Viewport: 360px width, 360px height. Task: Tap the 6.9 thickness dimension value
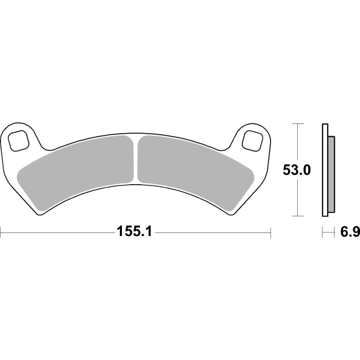point(348,232)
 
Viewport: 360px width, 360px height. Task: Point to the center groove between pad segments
point(136,159)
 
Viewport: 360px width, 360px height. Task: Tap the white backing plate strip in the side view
point(324,170)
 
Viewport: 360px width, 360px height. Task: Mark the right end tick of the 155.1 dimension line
point(271,232)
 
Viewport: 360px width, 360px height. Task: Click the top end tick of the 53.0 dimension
point(297,123)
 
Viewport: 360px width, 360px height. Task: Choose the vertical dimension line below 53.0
point(297,198)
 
